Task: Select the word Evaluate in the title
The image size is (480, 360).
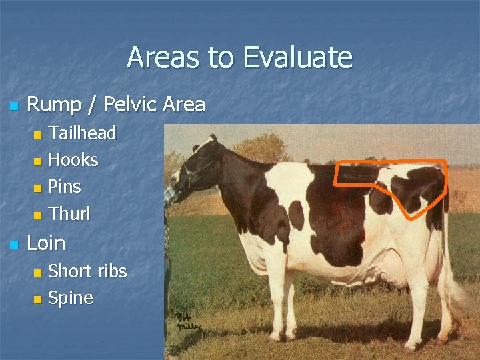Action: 297,57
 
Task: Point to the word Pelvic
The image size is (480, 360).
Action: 133,105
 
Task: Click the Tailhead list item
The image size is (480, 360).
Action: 82,133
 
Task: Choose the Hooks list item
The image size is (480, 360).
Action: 73,160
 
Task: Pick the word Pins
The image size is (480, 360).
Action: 65,187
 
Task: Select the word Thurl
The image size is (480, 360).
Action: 69,214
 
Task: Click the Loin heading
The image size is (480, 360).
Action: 46,243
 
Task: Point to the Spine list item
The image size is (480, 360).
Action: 71,298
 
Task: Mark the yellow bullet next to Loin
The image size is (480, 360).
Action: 13,244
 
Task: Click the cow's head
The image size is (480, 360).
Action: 197,167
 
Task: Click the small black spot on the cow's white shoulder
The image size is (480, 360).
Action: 296,216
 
